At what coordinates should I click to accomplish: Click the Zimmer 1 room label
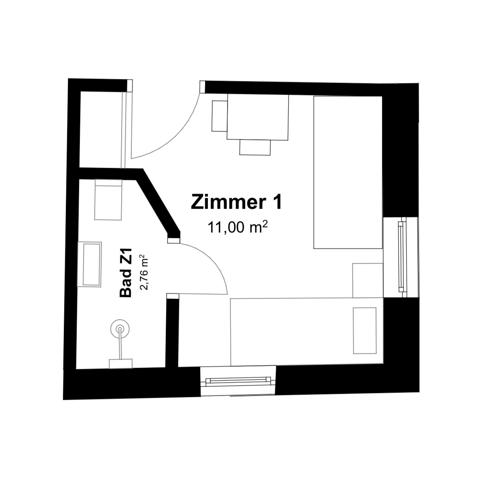[236, 202]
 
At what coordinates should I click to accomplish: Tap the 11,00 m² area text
[238, 227]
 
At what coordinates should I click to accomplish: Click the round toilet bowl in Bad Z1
[120, 328]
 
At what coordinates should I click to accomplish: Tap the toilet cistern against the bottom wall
[120, 364]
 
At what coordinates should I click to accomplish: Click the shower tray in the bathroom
[108, 199]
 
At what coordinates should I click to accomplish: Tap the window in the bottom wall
[238, 381]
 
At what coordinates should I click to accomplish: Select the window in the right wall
[401, 257]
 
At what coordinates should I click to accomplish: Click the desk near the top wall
[258, 117]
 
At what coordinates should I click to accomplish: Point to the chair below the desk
[255, 147]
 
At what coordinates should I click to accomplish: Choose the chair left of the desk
[220, 116]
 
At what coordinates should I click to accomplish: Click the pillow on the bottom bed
[364, 330]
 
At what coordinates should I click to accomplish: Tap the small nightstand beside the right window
[368, 280]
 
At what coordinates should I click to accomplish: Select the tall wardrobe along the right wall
[348, 172]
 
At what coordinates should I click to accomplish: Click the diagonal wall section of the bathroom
[159, 202]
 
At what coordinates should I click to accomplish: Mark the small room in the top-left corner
[101, 129]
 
